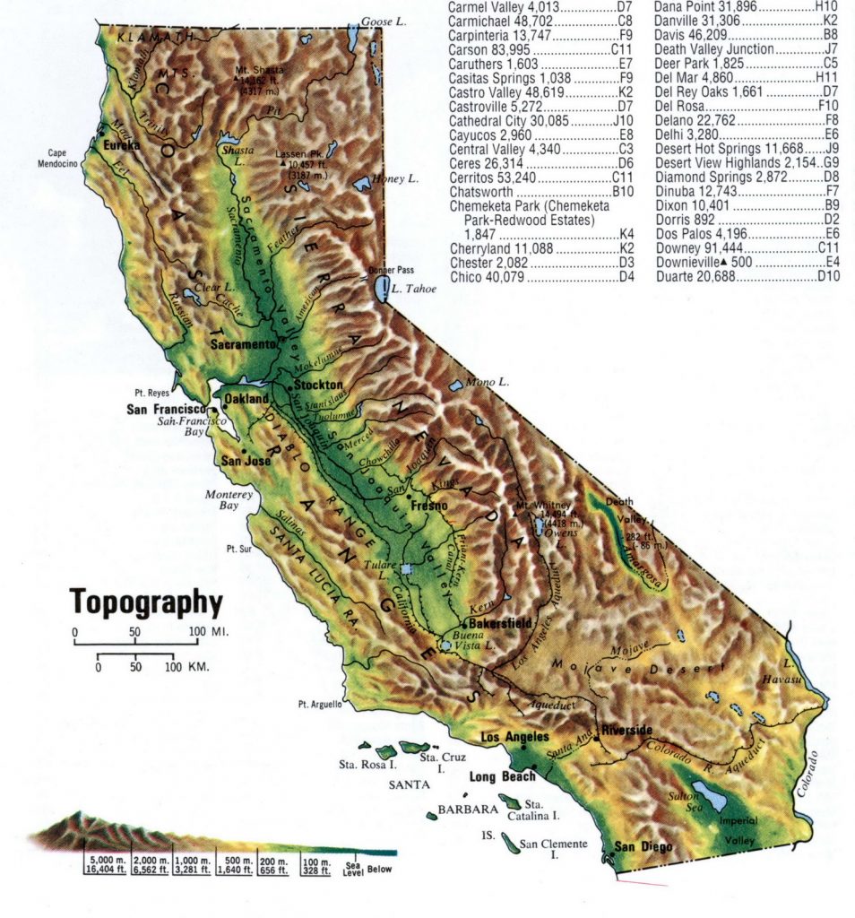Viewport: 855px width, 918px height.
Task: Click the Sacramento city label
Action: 243,344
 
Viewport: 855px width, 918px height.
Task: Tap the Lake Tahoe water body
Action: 383,289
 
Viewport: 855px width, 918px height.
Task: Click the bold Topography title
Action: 146,602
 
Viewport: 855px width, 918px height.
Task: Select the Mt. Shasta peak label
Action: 260,70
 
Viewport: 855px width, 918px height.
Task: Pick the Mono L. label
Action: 488,382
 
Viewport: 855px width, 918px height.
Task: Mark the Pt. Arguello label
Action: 315,704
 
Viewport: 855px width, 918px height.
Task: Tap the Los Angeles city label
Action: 514,737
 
